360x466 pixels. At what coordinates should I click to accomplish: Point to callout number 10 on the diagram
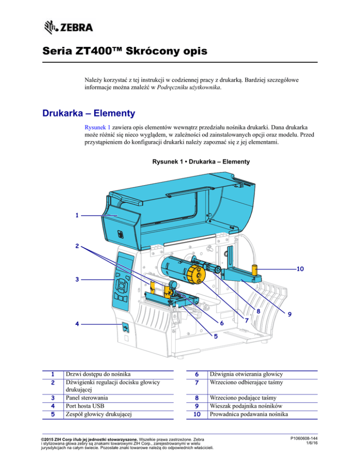300,269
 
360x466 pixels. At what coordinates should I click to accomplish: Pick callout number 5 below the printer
216,336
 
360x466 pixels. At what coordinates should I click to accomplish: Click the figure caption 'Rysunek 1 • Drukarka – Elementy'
201,162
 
